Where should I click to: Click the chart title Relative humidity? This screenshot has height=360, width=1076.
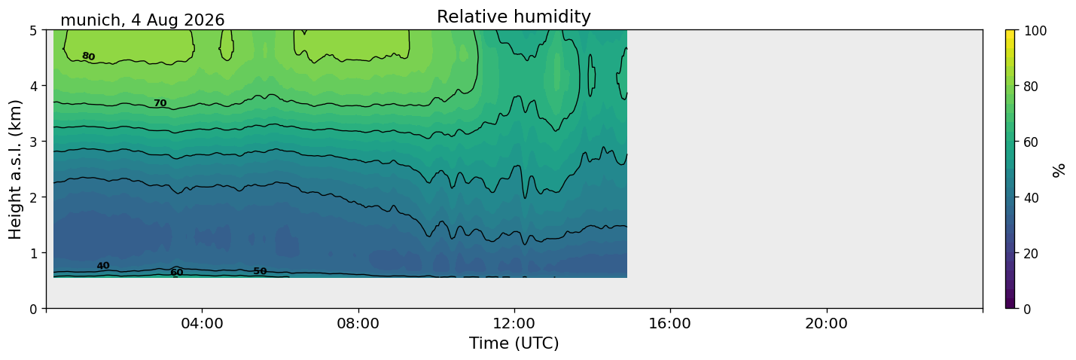[514, 17]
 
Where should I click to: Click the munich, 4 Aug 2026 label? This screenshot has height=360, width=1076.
[142, 20]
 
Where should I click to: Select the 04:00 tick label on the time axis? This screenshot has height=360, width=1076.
[202, 323]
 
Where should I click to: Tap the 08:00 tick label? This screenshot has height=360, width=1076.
[358, 323]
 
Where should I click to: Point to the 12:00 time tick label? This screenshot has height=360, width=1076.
[514, 323]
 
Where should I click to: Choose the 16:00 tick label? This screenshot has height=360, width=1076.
[670, 323]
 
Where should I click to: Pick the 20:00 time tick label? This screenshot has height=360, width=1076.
[826, 323]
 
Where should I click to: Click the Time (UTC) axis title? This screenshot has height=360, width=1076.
[514, 343]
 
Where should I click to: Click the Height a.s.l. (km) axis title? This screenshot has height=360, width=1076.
[15, 169]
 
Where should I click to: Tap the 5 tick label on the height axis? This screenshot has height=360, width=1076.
[34, 31]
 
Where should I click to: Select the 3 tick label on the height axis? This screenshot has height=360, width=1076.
[34, 142]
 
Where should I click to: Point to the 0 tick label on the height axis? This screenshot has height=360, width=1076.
[34, 309]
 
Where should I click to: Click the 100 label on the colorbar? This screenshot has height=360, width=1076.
[1035, 31]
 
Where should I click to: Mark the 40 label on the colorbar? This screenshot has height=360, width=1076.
[1031, 198]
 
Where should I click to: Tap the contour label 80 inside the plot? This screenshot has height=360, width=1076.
[88, 56]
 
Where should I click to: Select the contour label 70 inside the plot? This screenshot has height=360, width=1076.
[160, 103]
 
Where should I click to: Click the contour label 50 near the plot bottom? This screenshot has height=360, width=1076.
[260, 271]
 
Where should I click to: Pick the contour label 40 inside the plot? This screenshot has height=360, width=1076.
[103, 266]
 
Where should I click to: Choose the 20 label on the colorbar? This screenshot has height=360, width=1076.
[1031, 254]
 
